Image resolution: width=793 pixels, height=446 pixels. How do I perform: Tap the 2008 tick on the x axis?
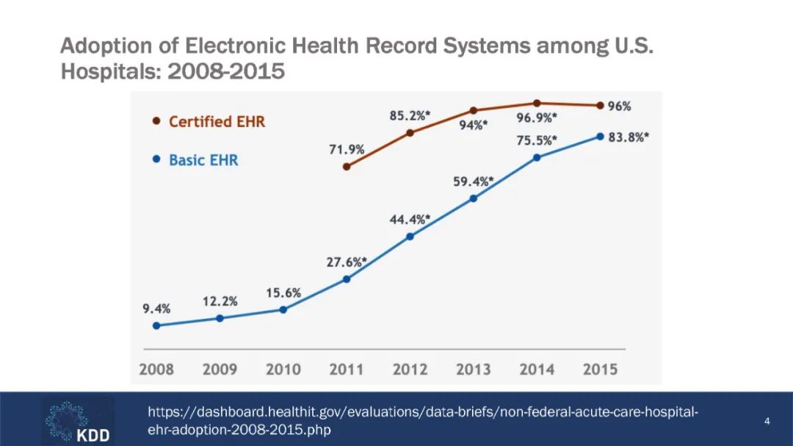(x=156, y=369)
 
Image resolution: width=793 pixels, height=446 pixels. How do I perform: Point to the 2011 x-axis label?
(x=347, y=369)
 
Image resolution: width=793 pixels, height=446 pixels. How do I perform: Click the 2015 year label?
(x=600, y=369)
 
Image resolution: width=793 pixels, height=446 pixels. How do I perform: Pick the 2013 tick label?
(x=474, y=369)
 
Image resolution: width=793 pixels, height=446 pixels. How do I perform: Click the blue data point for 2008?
(x=156, y=325)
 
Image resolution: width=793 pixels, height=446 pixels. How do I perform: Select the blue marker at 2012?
(x=410, y=237)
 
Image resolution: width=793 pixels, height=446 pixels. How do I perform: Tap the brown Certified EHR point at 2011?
(x=347, y=167)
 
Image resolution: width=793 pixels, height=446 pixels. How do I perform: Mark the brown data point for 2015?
(x=600, y=106)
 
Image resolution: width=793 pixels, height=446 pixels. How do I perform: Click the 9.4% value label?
(x=156, y=309)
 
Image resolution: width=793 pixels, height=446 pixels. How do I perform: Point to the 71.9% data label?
(x=347, y=149)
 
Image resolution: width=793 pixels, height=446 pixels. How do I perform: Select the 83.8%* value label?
(x=629, y=137)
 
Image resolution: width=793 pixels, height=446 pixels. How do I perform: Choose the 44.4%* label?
(x=410, y=219)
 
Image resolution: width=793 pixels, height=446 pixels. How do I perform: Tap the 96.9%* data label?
(x=537, y=118)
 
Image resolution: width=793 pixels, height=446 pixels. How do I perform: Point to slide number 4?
(x=767, y=421)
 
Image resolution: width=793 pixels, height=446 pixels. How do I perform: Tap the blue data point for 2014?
(x=537, y=157)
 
